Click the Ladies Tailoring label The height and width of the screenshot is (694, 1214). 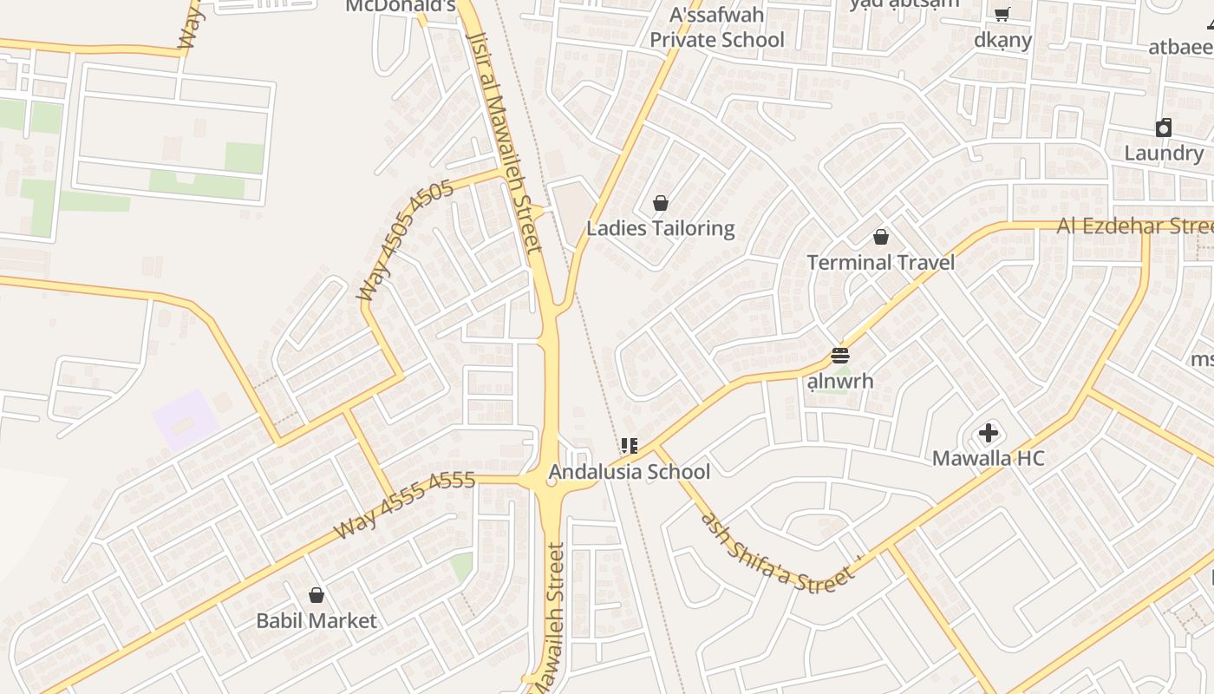(660, 228)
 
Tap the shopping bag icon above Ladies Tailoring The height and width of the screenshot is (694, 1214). (661, 203)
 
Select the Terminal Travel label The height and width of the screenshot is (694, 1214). (880, 262)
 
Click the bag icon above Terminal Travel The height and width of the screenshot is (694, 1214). (881, 236)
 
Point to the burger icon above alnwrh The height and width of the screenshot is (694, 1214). (839, 356)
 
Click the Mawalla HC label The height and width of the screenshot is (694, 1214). (988, 458)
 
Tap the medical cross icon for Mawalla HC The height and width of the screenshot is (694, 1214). (989, 432)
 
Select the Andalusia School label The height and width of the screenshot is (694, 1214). (629, 472)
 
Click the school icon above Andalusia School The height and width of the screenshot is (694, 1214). (629, 446)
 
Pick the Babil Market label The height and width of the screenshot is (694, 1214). (317, 621)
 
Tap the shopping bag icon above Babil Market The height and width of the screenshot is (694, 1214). (317, 595)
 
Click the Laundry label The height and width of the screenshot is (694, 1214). (1164, 154)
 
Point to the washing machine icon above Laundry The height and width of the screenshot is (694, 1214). (1164, 128)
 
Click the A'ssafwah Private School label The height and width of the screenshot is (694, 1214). (717, 28)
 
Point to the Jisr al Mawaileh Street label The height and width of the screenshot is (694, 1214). (505, 139)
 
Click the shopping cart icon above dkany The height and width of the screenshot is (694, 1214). (1002, 14)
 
